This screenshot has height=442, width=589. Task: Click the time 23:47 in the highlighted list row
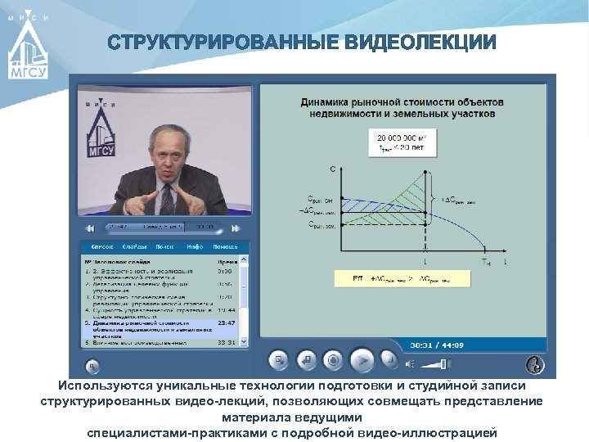click(227, 323)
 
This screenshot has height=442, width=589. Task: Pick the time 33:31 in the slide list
click(227, 343)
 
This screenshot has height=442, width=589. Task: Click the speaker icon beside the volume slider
click(411, 363)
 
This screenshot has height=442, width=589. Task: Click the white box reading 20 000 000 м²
click(407, 141)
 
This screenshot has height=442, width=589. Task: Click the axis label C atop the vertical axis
click(333, 169)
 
